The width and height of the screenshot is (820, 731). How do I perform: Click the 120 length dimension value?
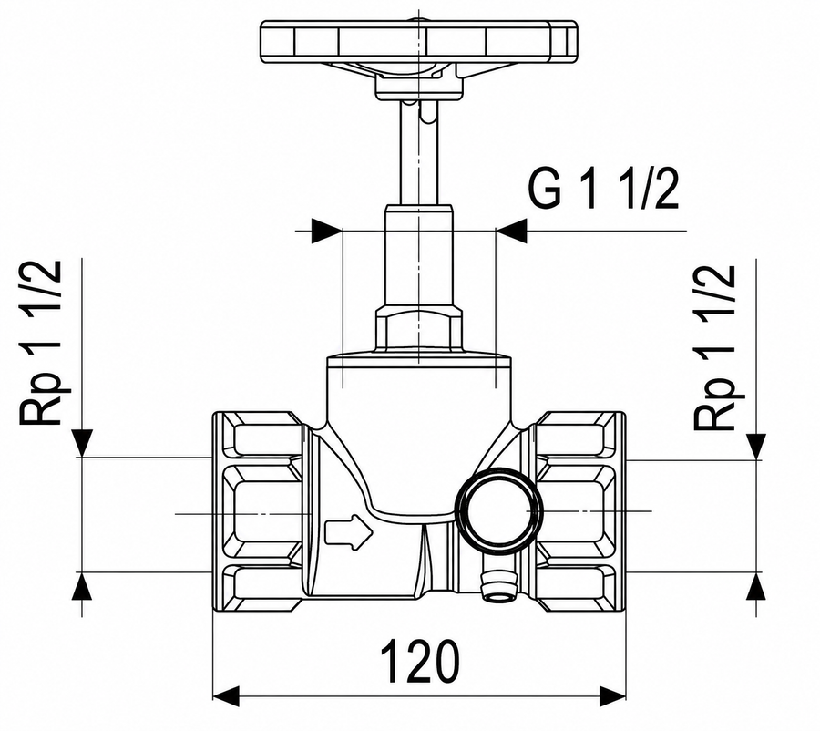point(419,660)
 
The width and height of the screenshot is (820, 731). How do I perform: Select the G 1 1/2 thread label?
point(603,190)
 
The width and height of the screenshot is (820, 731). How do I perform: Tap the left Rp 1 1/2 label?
point(41,343)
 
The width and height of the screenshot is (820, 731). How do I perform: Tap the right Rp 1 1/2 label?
point(715,347)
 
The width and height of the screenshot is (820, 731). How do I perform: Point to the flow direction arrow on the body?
point(349,532)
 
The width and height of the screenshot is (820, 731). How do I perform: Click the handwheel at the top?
point(419,43)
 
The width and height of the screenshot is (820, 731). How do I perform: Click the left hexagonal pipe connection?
point(258,511)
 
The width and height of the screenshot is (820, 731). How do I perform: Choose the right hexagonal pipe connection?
point(580,511)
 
